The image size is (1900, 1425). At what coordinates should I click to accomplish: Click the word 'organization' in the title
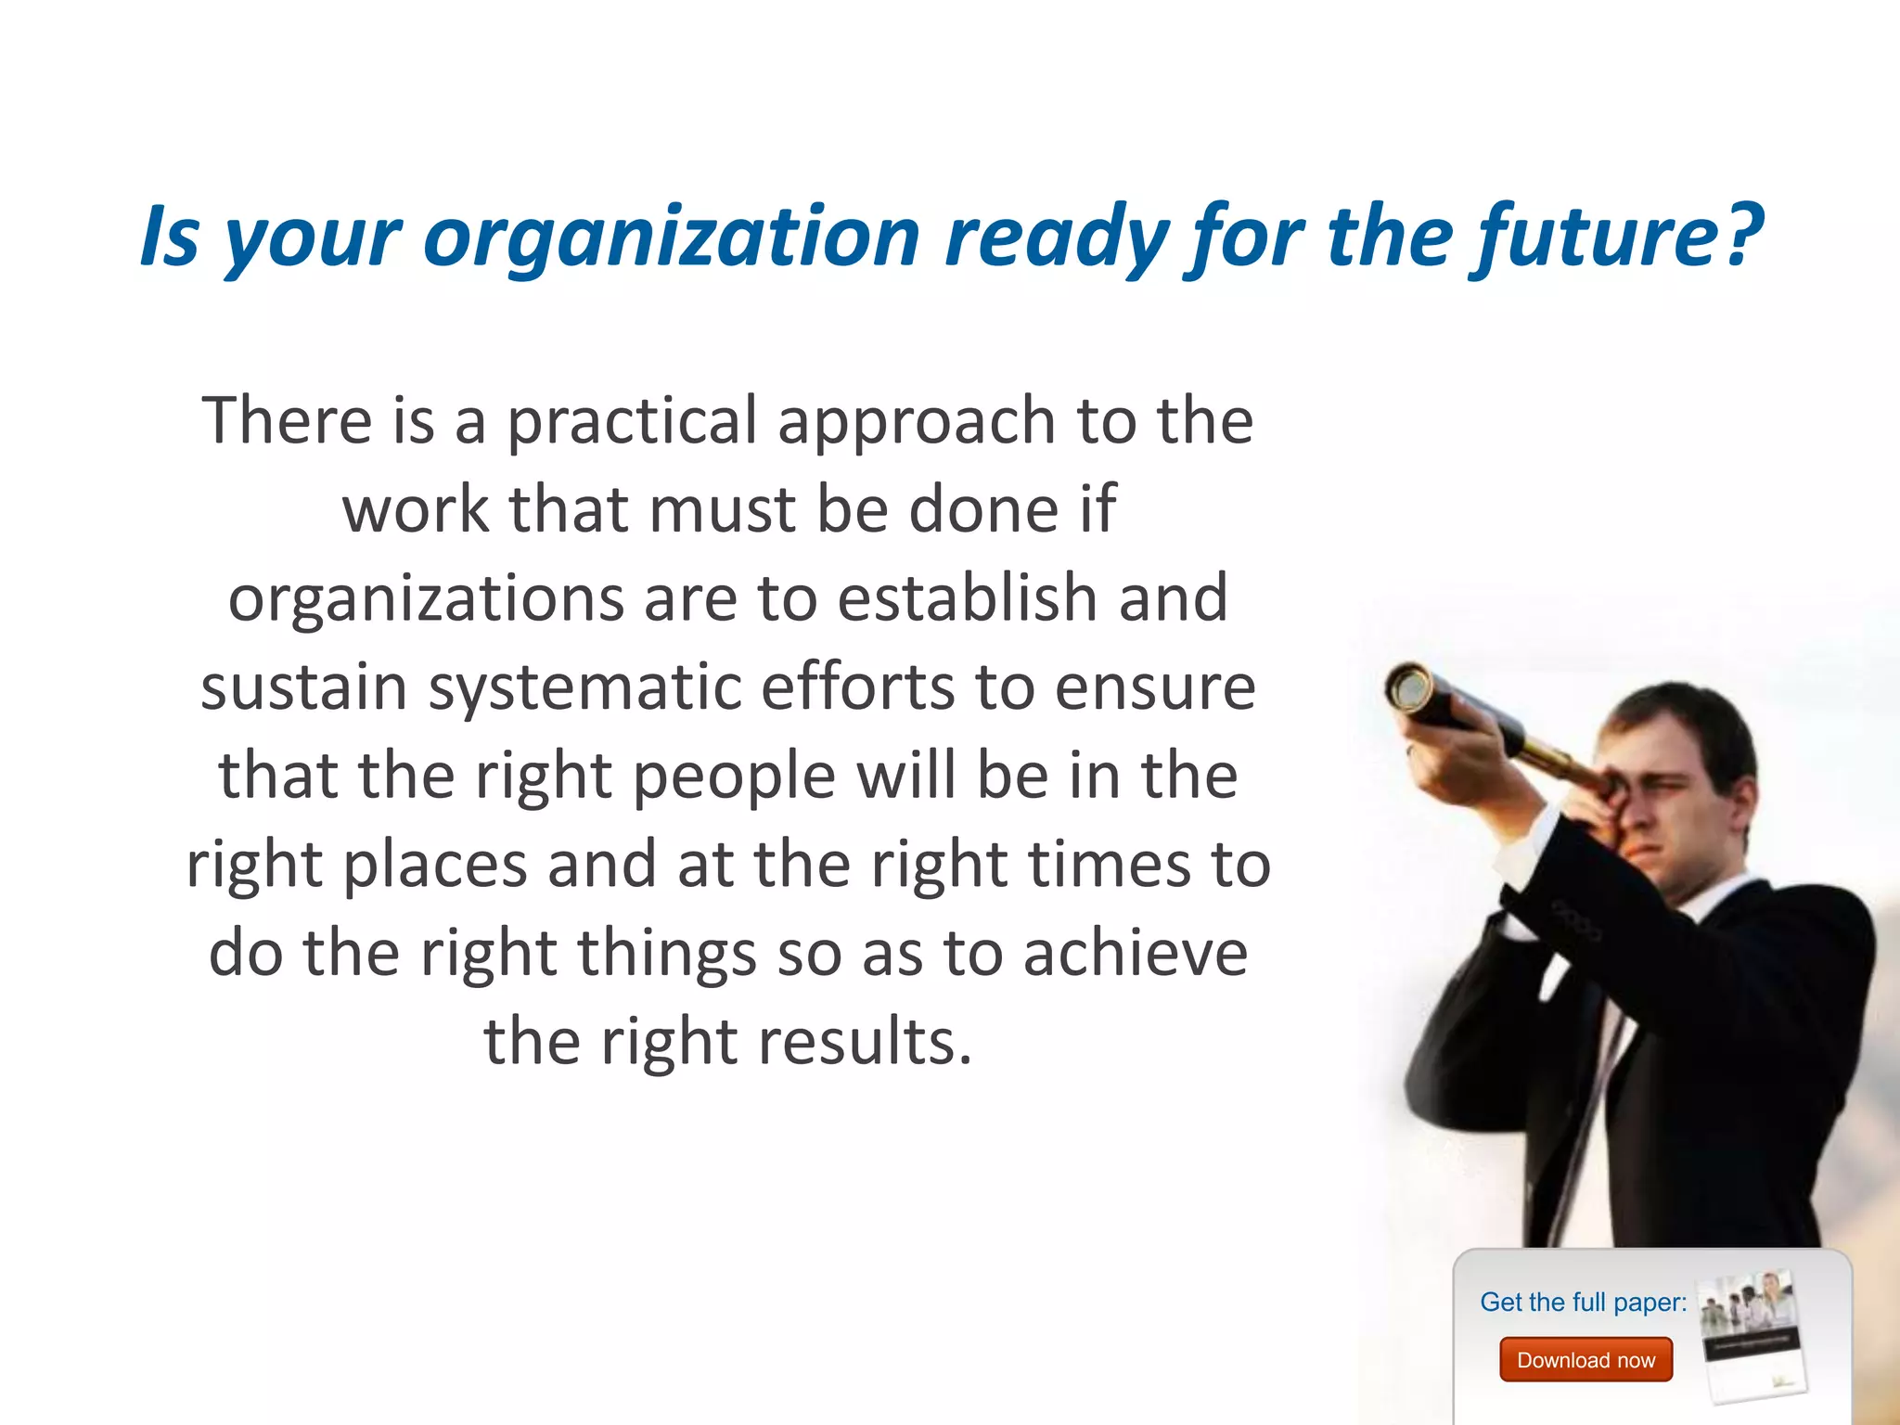671,237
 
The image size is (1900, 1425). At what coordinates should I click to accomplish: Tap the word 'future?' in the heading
1618,237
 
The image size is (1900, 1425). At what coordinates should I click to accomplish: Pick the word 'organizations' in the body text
426,598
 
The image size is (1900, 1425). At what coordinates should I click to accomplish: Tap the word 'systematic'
584,687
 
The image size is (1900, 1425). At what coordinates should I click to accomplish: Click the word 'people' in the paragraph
734,777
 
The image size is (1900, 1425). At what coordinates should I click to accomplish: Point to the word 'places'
435,865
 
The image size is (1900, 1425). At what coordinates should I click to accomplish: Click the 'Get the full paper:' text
1583,1302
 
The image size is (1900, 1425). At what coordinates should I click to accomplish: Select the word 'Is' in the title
169,237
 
